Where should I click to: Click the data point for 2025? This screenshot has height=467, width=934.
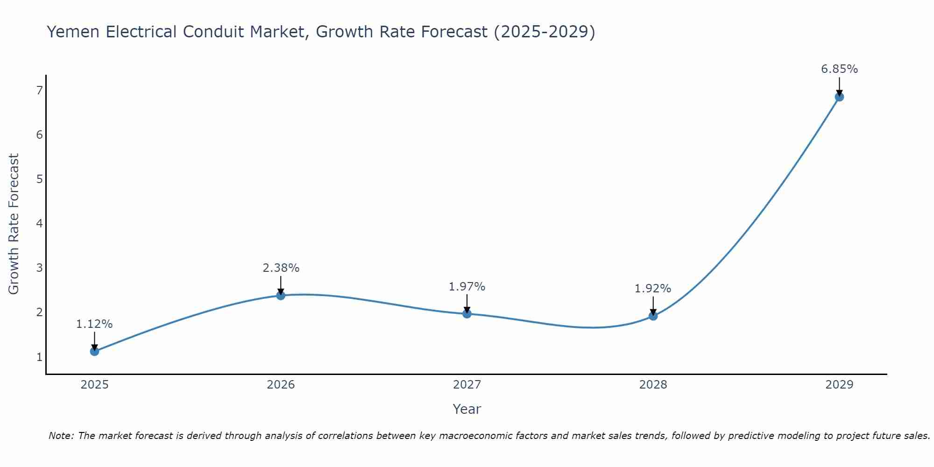(x=94, y=351)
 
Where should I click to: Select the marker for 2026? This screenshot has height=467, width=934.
(x=281, y=295)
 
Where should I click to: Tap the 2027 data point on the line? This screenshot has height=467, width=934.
(x=467, y=313)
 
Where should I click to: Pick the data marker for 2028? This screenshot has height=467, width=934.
(x=653, y=316)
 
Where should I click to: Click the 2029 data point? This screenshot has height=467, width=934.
(x=839, y=97)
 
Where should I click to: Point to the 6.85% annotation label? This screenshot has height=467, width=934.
(x=839, y=69)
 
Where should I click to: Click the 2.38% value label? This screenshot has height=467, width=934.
(x=281, y=268)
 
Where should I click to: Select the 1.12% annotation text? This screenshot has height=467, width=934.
(x=94, y=324)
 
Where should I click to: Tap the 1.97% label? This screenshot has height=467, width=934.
(x=467, y=287)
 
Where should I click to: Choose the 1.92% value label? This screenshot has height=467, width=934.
(x=653, y=289)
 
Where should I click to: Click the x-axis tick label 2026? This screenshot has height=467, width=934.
(x=281, y=385)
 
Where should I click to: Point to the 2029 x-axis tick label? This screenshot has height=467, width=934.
(x=839, y=385)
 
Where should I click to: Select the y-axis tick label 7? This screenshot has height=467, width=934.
(x=39, y=90)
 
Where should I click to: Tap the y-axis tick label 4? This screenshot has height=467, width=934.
(x=39, y=223)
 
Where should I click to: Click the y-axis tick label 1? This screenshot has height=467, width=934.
(x=39, y=357)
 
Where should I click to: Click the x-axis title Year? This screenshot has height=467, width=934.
(x=467, y=409)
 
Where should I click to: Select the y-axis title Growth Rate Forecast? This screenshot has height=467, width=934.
(x=14, y=224)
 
